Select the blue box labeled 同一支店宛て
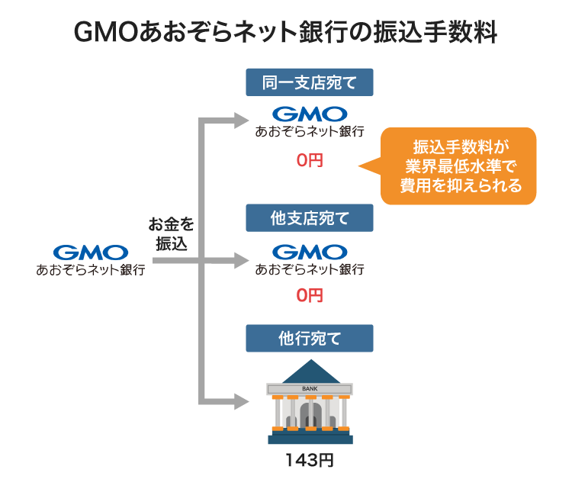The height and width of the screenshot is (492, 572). pyautogui.click(x=310, y=82)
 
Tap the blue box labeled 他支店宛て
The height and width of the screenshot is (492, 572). pyautogui.click(x=310, y=218)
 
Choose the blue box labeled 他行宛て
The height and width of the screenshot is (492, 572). pyautogui.click(x=310, y=338)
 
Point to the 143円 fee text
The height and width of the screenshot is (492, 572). pyautogui.click(x=310, y=460)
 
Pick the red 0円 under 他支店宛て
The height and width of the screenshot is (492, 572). pyautogui.click(x=310, y=295)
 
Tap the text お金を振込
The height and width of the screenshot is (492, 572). pyautogui.click(x=172, y=234)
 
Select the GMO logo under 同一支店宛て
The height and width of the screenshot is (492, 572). pyautogui.click(x=310, y=114)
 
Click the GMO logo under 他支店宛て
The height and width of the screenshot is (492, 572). pyautogui.click(x=310, y=251)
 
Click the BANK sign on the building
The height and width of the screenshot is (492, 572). pyautogui.click(x=310, y=388)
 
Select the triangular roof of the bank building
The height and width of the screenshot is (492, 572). pyautogui.click(x=310, y=372)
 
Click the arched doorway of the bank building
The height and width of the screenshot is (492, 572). pyautogui.click(x=310, y=416)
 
